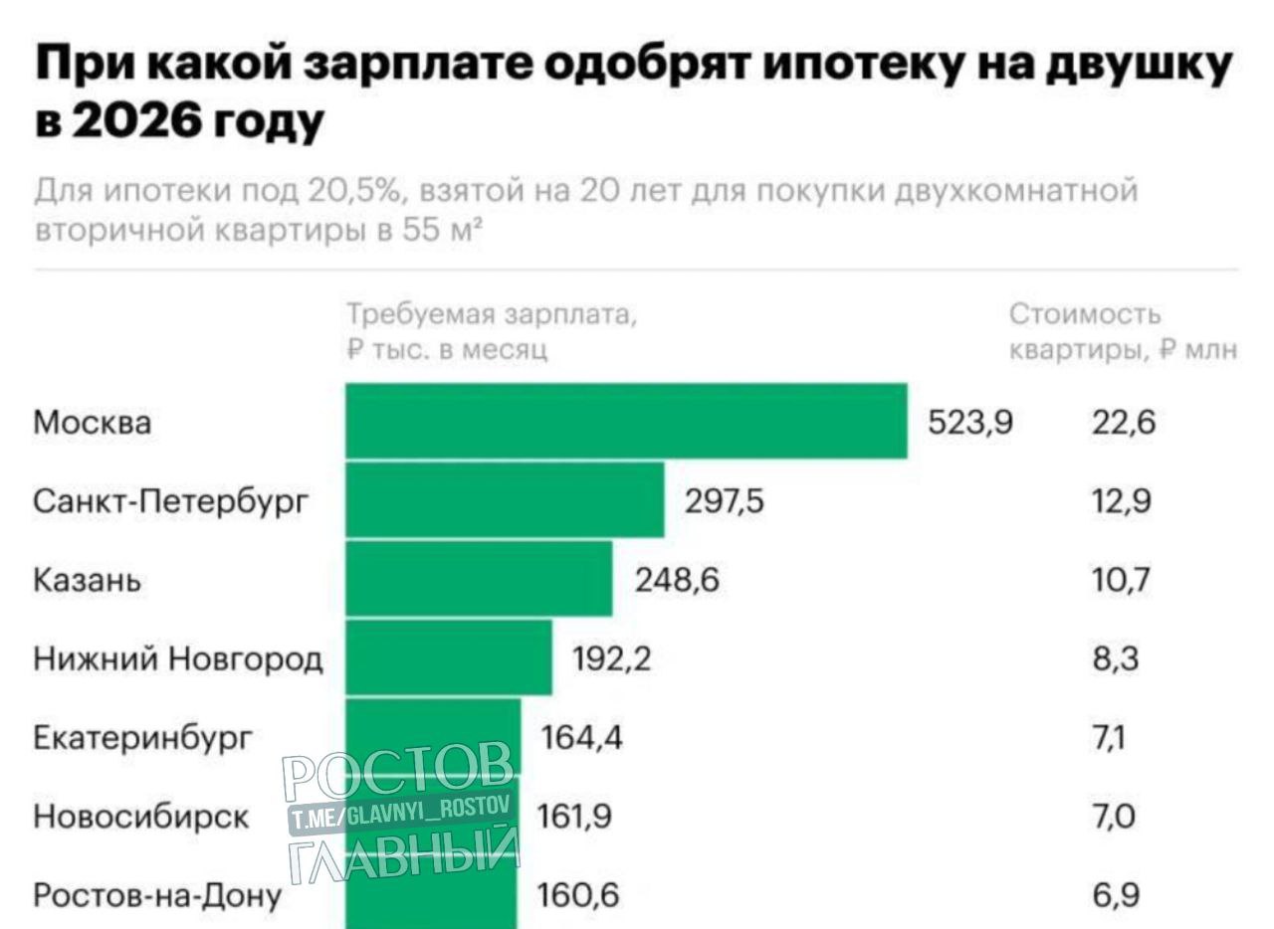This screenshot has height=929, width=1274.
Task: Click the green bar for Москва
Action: click(x=626, y=421)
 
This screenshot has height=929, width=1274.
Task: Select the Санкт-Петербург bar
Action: click(x=505, y=499)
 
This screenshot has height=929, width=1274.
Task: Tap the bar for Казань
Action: click(x=479, y=578)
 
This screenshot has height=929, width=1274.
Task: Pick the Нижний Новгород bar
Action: click(x=449, y=656)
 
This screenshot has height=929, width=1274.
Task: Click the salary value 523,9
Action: click(x=970, y=424)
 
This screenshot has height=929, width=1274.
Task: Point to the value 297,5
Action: click(x=725, y=502)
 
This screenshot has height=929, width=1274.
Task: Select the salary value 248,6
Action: click(x=677, y=580)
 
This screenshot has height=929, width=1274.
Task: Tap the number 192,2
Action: click(x=612, y=658)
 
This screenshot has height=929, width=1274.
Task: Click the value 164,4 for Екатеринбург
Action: click(x=581, y=738)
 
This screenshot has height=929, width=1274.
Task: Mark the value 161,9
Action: click(x=574, y=817)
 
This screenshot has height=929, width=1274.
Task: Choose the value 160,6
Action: click(x=578, y=896)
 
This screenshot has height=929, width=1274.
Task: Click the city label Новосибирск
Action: click(x=141, y=817)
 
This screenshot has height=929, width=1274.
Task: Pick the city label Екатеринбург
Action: click(x=143, y=738)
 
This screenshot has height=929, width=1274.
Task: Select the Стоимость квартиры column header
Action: click(x=1124, y=332)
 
